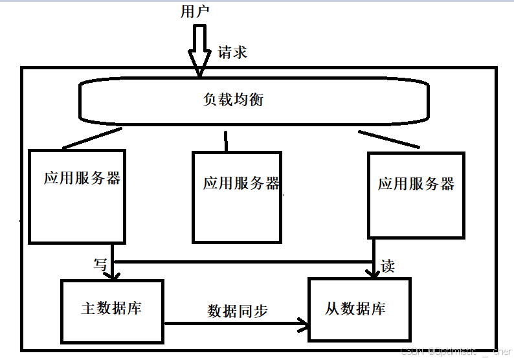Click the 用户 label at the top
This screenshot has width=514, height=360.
[196, 11]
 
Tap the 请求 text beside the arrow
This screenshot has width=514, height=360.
[232, 52]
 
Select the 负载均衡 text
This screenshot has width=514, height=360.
[233, 100]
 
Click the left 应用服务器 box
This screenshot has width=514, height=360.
[77, 196]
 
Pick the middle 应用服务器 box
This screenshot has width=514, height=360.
[237, 197]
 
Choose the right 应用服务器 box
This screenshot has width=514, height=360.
[416, 194]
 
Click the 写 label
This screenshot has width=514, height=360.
[100, 264]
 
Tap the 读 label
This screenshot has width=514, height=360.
[387, 266]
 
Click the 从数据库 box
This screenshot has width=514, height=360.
[359, 309]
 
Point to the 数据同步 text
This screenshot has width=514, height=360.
[238, 311]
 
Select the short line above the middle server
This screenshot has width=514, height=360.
[226, 141]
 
